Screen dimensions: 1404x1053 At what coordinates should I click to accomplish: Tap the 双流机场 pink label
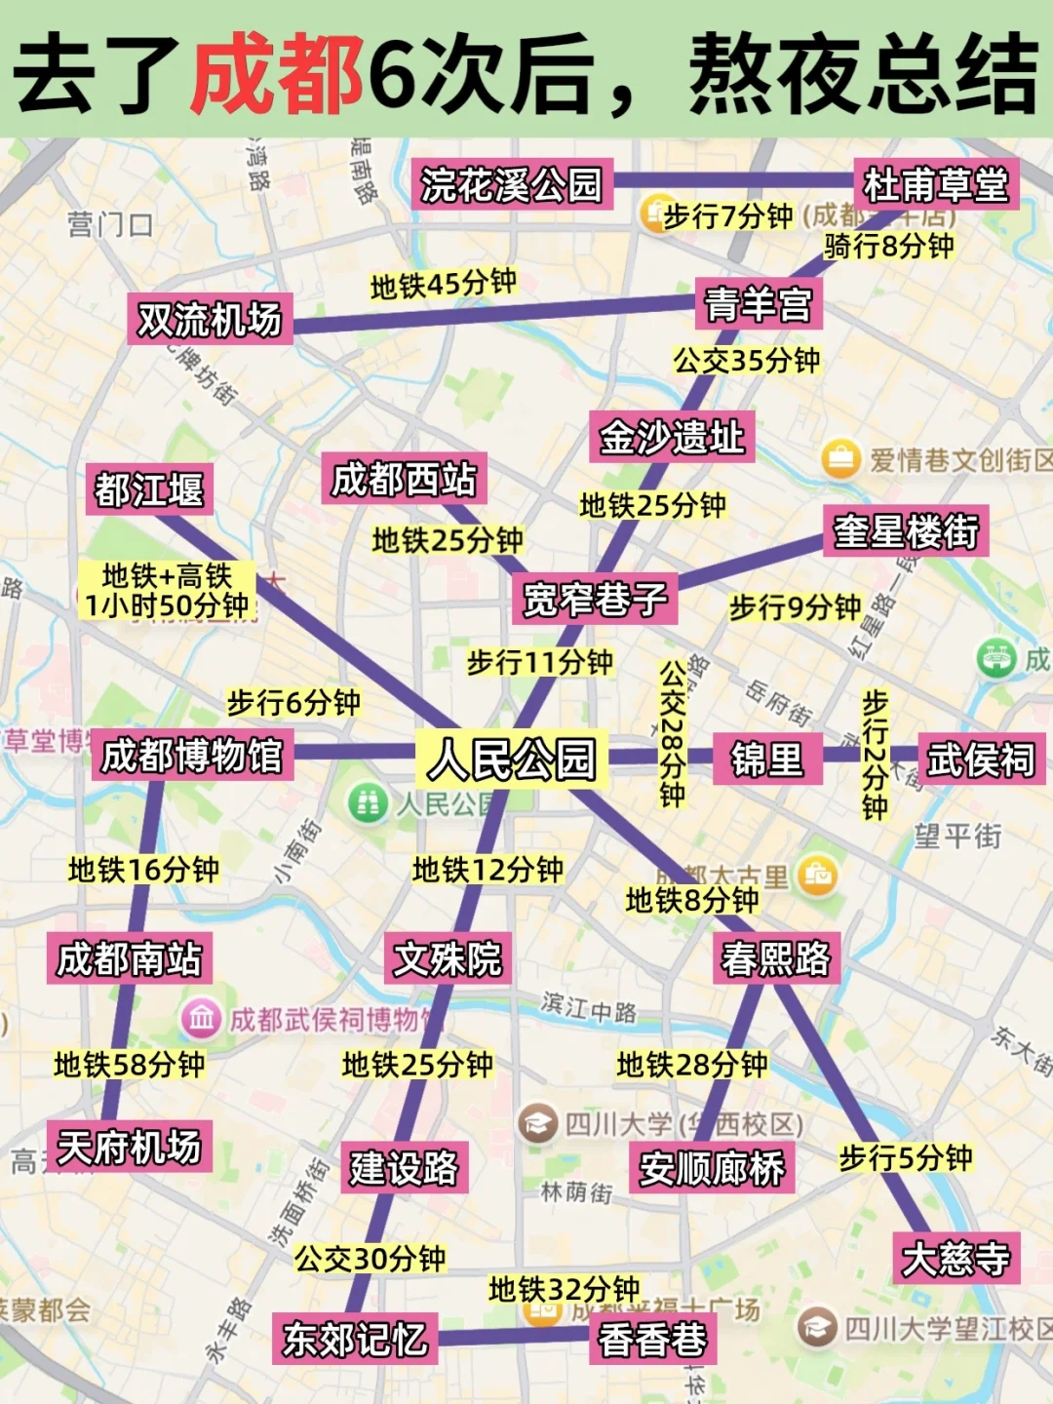coord(210,320)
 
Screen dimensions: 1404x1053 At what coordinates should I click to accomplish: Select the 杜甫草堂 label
coord(936,184)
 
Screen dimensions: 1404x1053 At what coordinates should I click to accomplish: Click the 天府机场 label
coord(129,1147)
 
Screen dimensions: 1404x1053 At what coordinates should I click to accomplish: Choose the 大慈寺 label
coord(956,1258)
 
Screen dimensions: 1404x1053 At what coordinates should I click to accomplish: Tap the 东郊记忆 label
coord(355,1339)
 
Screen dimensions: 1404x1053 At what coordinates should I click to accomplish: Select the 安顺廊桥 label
coord(712,1168)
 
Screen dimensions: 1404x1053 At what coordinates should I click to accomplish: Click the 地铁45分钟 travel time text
coord(444,284)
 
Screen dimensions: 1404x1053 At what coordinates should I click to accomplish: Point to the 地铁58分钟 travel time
coord(130,1064)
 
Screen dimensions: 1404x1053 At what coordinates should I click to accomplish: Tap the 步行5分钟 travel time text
coord(906,1157)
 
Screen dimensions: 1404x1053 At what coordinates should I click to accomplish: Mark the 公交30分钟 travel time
coord(370,1258)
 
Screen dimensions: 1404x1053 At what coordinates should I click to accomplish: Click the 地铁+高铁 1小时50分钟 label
coord(167,591)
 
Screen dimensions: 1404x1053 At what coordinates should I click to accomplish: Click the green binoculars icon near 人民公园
coord(368,803)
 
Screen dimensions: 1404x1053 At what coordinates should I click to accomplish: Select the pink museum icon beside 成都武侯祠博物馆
coord(201,1020)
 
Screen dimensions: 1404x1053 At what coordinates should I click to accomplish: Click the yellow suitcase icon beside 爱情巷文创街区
coord(840,458)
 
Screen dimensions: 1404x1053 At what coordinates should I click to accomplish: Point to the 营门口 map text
coord(110,226)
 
